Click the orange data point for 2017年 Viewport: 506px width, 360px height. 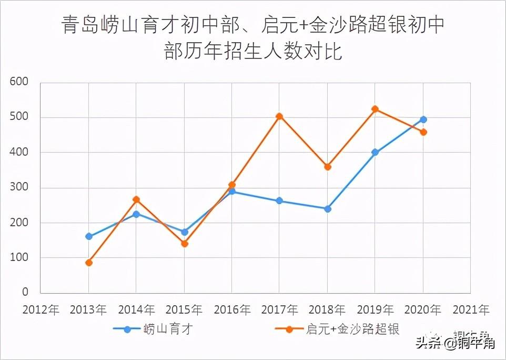(x=279, y=116)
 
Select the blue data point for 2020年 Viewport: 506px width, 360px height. (x=423, y=119)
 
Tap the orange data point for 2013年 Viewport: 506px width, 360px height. (x=89, y=263)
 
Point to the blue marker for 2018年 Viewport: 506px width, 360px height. (x=328, y=209)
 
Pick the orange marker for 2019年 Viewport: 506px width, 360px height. (x=375, y=109)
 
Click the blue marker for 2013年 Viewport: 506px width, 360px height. (x=89, y=236)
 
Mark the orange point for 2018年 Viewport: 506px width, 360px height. (x=328, y=167)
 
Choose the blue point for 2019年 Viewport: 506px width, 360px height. (x=375, y=152)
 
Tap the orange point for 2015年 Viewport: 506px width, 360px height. (x=185, y=244)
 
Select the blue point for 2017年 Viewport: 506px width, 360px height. (x=279, y=201)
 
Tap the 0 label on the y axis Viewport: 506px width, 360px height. (x=25, y=293)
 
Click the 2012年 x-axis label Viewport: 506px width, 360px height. (x=41, y=309)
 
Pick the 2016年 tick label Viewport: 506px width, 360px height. (x=232, y=309)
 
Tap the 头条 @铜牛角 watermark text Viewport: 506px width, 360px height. (x=454, y=344)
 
